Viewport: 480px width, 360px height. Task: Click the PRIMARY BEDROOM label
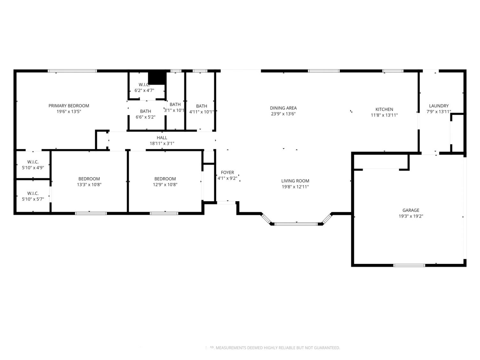(x=69, y=106)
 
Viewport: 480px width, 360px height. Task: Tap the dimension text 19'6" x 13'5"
(x=69, y=112)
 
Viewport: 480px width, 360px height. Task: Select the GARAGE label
(x=411, y=210)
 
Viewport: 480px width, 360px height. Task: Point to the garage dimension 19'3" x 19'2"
(x=411, y=216)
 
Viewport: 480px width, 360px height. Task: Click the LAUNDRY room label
(x=439, y=106)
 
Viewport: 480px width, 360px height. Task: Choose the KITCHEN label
(x=384, y=109)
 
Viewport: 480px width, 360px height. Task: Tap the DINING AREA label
(x=283, y=108)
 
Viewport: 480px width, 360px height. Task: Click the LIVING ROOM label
(x=295, y=181)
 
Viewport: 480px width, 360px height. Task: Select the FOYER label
(x=227, y=172)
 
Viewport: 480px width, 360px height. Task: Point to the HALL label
(x=162, y=138)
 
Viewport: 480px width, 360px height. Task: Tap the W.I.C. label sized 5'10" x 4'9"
(x=33, y=162)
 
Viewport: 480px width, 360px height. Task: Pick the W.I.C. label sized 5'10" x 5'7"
(x=33, y=193)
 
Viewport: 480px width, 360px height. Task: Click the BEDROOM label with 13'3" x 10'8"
(x=89, y=179)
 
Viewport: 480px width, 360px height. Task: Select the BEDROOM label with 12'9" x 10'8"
(x=165, y=179)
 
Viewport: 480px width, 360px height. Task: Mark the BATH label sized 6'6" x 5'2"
(x=146, y=111)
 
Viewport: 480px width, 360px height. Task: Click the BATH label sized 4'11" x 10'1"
(x=202, y=106)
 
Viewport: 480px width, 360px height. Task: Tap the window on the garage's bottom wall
(x=409, y=265)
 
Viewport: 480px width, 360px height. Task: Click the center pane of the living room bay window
(x=296, y=224)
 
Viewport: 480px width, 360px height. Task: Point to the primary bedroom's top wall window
(x=72, y=71)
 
